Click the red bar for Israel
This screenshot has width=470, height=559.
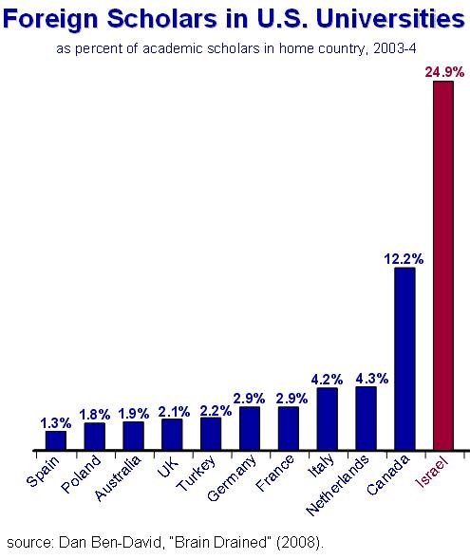click(x=443, y=266)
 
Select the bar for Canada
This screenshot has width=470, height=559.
click(x=404, y=359)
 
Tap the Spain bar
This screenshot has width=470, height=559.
click(x=56, y=440)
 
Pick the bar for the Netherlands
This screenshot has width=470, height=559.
click(x=366, y=419)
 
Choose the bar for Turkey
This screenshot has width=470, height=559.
click(x=211, y=434)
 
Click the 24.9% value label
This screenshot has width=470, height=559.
click(x=444, y=72)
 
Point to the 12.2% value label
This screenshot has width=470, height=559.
click(x=404, y=259)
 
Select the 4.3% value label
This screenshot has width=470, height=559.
click(x=372, y=379)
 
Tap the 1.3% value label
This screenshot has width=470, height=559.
click(x=56, y=423)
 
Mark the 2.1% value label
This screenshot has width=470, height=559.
click(x=174, y=412)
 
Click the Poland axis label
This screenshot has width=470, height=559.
click(x=81, y=475)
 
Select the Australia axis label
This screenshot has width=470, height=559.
click(x=118, y=478)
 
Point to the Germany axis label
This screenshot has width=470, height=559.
click(x=232, y=478)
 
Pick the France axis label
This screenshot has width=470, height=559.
click(x=275, y=473)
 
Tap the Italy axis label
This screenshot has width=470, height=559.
click(x=321, y=466)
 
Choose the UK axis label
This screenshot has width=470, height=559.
click(x=167, y=467)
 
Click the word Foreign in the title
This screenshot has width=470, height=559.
click(x=50, y=19)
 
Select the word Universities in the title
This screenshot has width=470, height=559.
click(x=390, y=18)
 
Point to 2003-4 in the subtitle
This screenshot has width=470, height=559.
click(x=395, y=48)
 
